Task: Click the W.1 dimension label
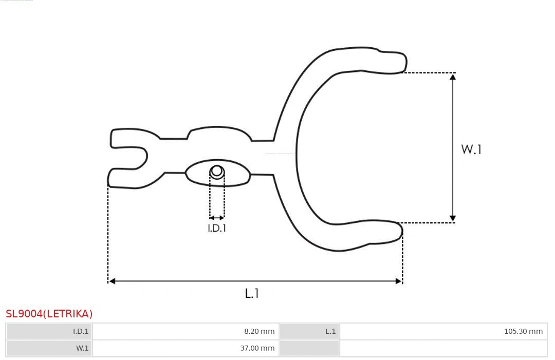click(x=471, y=149)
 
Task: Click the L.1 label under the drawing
click(x=252, y=294)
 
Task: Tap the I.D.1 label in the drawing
click(x=217, y=229)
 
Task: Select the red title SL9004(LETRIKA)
click(x=49, y=314)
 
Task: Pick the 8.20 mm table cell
click(x=186, y=331)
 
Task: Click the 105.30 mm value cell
click(x=443, y=331)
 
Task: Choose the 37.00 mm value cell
click(x=186, y=348)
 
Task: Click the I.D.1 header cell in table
click(x=49, y=331)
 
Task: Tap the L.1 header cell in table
click(x=309, y=331)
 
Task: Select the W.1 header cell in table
click(x=49, y=348)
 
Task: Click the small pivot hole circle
click(x=217, y=171)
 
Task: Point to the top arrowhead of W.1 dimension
click(x=453, y=77)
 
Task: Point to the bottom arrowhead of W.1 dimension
click(x=453, y=219)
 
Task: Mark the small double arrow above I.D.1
click(x=217, y=218)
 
